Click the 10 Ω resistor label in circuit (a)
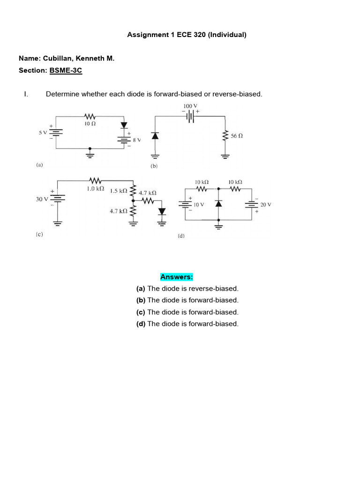pos(90,124)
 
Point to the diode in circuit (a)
pos(124,125)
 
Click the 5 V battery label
pos(43,133)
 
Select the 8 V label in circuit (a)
pos(137,140)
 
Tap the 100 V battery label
pos(190,106)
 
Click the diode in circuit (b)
pos(155,135)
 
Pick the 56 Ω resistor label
pos(237,136)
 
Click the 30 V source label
pos(42,199)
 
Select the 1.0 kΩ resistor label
pos(95,188)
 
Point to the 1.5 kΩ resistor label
pos(119,191)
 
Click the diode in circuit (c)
pos(162,211)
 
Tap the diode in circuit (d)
pos(218,203)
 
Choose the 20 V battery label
pos(266,205)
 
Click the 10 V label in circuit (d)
pos(199,205)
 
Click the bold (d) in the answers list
pos(141,324)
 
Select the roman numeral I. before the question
pos(26,94)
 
